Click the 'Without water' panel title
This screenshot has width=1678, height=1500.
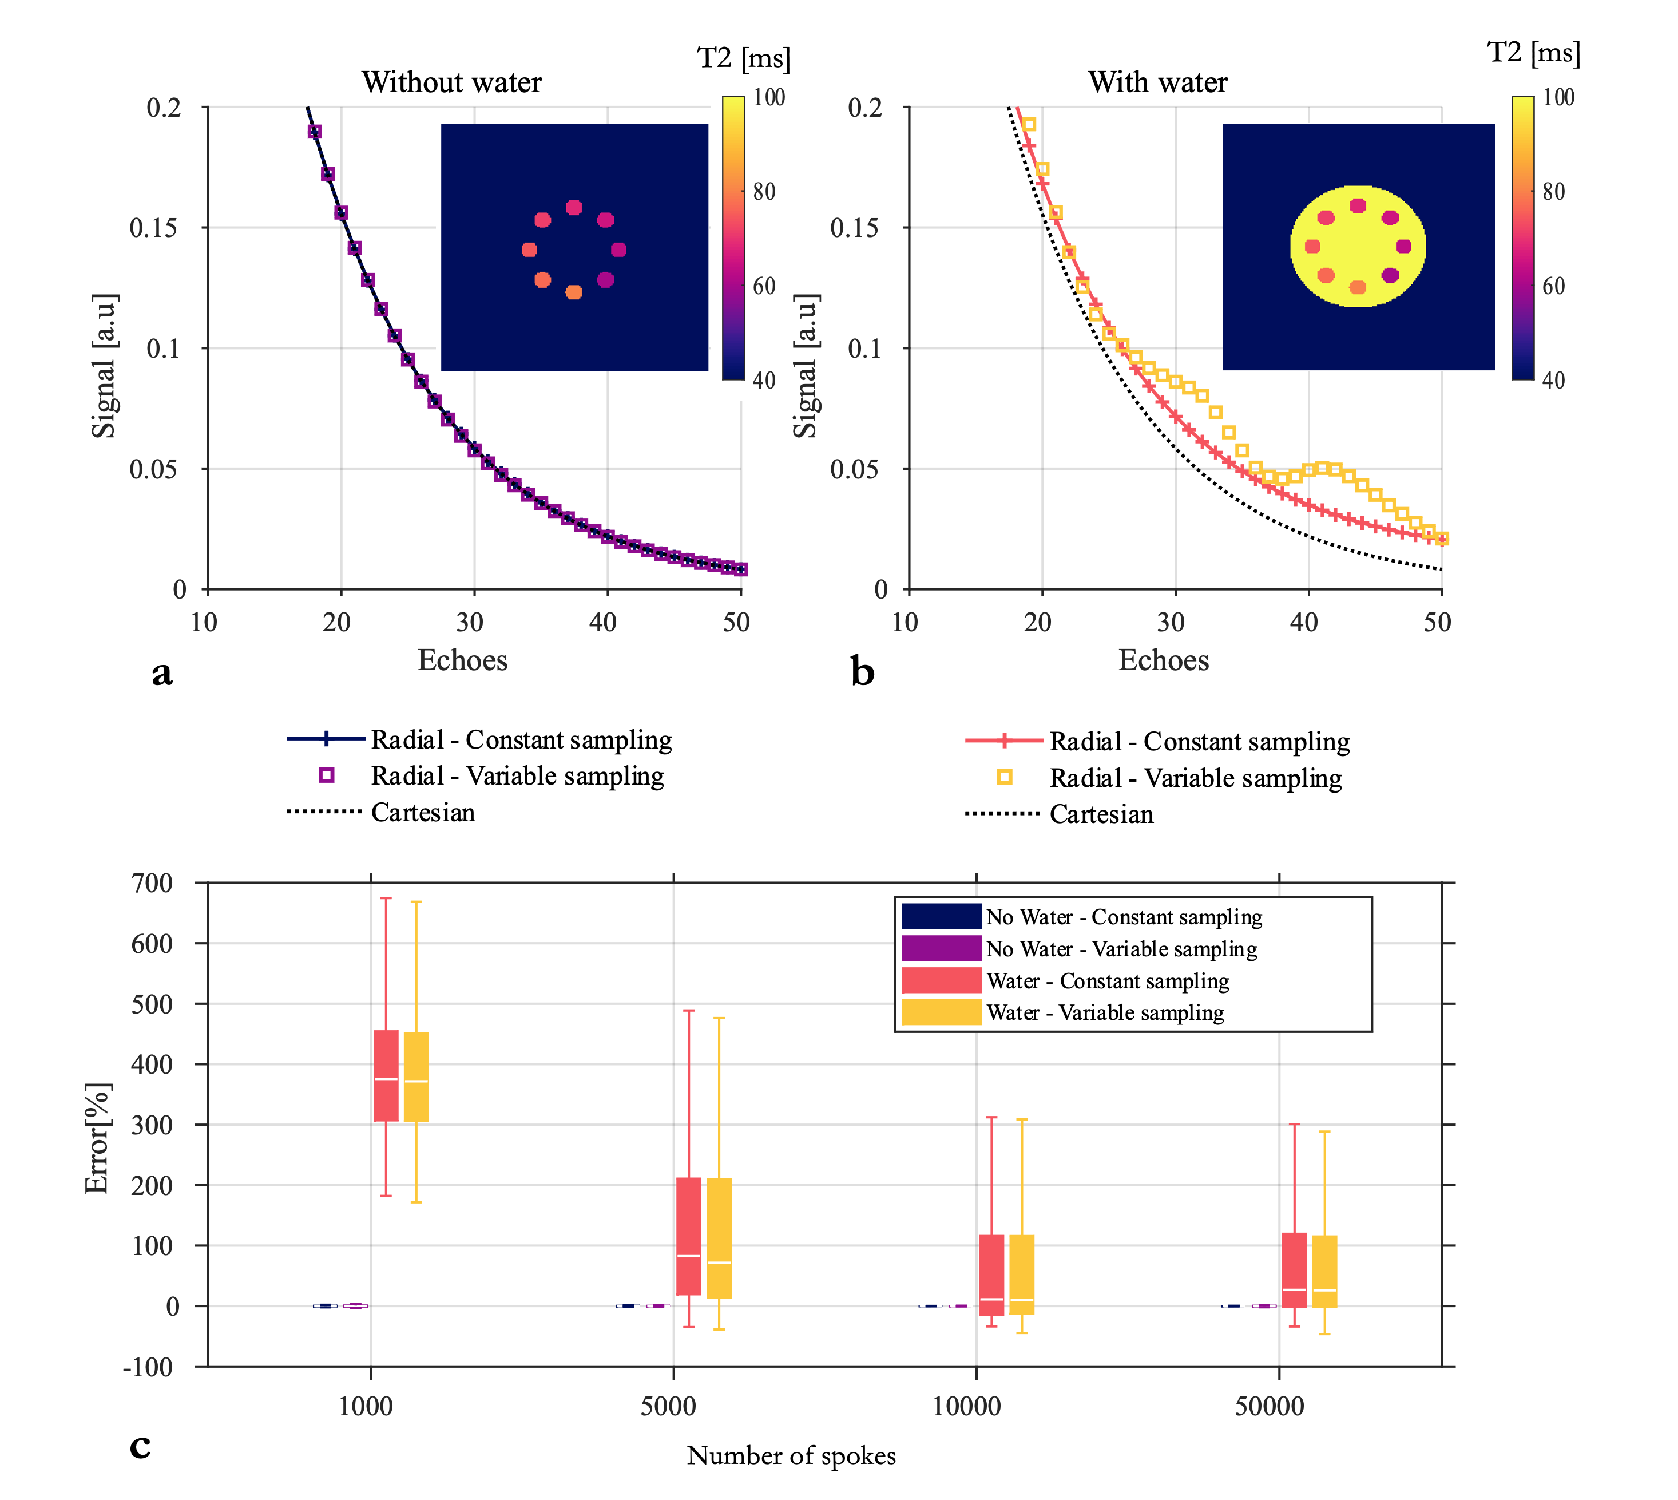pyautogui.click(x=451, y=82)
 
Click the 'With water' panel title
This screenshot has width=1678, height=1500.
pyautogui.click(x=1157, y=82)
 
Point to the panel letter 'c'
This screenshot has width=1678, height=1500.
pyautogui.click(x=140, y=1445)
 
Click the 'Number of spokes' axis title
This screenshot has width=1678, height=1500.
pyautogui.click(x=791, y=1455)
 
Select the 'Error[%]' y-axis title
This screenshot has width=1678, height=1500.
pyautogui.click(x=97, y=1137)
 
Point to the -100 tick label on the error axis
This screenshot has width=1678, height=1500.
pyautogui.click(x=148, y=1367)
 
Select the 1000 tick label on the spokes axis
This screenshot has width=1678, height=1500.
pyautogui.click(x=366, y=1406)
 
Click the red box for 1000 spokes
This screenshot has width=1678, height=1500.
pyautogui.click(x=386, y=1075)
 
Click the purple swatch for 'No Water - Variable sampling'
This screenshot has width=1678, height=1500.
pyautogui.click(x=941, y=949)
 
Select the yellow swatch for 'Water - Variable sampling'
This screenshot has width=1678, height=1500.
pyautogui.click(x=941, y=1012)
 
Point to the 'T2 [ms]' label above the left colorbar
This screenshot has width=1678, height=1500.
pyautogui.click(x=743, y=58)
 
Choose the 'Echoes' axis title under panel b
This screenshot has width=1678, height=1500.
pyautogui.click(x=1163, y=661)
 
